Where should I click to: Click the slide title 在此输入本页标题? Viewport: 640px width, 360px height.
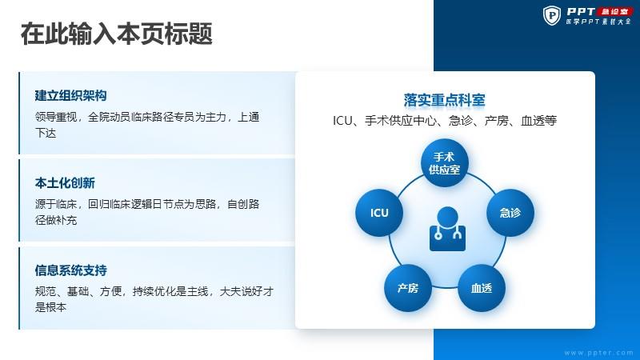tap(116, 34)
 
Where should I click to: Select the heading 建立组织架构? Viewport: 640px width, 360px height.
tap(70, 95)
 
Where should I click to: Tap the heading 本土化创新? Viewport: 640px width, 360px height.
tap(65, 183)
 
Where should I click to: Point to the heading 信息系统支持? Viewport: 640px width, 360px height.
tap(70, 270)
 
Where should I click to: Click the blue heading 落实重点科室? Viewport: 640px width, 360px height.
tap(445, 100)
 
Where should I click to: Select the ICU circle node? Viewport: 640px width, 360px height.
tap(379, 213)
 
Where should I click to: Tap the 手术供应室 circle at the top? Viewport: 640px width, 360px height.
tap(445, 163)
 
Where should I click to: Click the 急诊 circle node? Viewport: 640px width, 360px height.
tap(510, 213)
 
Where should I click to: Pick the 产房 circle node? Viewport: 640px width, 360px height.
tap(408, 288)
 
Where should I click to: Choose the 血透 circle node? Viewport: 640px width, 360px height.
tap(482, 288)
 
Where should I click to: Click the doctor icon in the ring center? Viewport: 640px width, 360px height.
tap(447, 229)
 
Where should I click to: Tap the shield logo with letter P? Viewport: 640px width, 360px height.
tap(552, 15)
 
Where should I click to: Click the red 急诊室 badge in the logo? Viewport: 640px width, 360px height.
tap(615, 12)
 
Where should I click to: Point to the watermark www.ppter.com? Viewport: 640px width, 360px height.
tap(598, 353)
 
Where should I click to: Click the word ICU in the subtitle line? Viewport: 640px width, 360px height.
tap(342, 121)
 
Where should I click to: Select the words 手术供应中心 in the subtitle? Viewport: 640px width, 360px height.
tap(401, 121)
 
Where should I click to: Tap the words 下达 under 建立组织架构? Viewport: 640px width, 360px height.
tap(46, 133)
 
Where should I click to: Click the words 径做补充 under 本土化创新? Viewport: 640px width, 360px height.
tap(56, 220)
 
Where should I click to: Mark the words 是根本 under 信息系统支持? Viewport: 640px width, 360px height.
tap(50, 307)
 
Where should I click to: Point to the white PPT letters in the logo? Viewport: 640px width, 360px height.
tap(581, 12)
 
